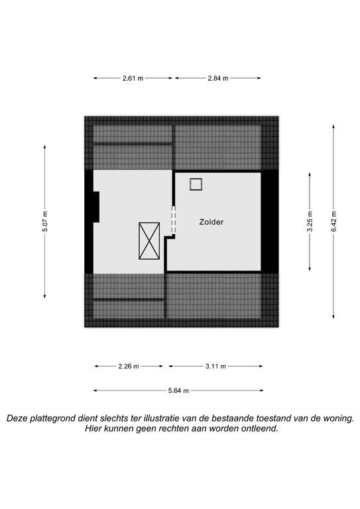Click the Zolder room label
[211, 222]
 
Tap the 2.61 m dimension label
[133, 78]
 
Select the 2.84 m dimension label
[218, 78]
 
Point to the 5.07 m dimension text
[45, 221]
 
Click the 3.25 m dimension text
[310, 221]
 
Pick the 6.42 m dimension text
[333, 221]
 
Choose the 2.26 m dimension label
[129, 366]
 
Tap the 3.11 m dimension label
[215, 366]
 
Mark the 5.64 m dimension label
[178, 390]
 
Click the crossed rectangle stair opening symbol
[149, 241]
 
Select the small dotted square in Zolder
[196, 184]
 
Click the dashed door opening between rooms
[173, 220]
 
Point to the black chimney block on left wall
[96, 207]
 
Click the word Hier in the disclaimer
[92, 429]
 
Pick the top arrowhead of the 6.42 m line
[333, 127]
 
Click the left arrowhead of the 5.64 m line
[95, 390]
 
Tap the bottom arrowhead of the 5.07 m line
[45, 296]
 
